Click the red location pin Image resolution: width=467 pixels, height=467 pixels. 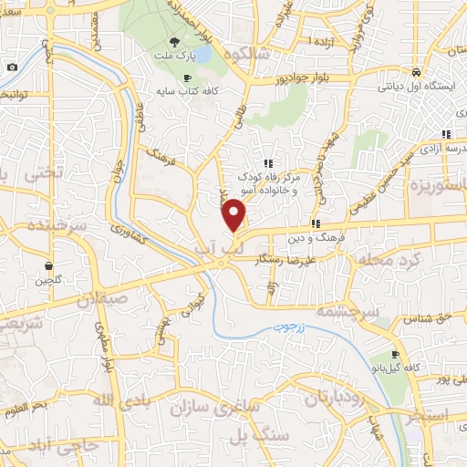(x=234, y=215)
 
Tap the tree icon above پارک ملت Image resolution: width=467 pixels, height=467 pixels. (x=174, y=42)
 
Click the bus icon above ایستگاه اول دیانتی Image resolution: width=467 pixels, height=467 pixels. (x=415, y=72)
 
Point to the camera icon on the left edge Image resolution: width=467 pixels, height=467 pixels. (x=11, y=67)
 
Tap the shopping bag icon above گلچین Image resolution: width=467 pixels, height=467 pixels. (x=47, y=265)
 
